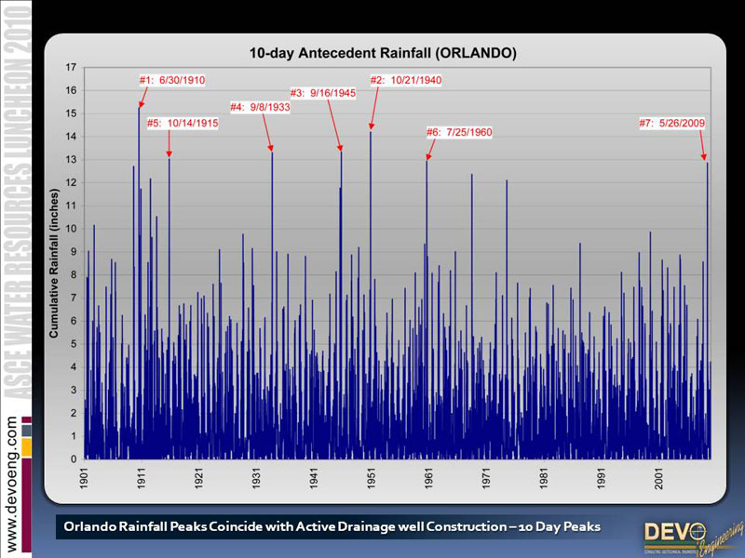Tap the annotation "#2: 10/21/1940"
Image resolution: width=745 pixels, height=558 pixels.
406,80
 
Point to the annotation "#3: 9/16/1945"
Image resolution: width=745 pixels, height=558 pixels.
323,93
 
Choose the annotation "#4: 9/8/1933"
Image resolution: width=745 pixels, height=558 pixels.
260,107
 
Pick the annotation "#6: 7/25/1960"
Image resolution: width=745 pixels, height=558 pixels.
459,132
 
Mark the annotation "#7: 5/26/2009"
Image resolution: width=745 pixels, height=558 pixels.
671,123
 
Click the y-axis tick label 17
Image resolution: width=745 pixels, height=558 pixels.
72,68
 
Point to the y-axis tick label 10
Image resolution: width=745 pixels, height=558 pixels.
72,229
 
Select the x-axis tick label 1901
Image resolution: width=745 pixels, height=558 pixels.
85,479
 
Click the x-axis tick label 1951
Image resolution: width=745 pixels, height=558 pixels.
372,479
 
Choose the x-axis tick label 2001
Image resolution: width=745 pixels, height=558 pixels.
659,479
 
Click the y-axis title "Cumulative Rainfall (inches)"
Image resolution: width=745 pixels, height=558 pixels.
54,262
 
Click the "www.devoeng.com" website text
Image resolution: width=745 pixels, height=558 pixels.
12,484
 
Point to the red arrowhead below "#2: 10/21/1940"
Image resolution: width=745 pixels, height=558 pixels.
371,126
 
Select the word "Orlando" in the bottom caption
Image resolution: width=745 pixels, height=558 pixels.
90,527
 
